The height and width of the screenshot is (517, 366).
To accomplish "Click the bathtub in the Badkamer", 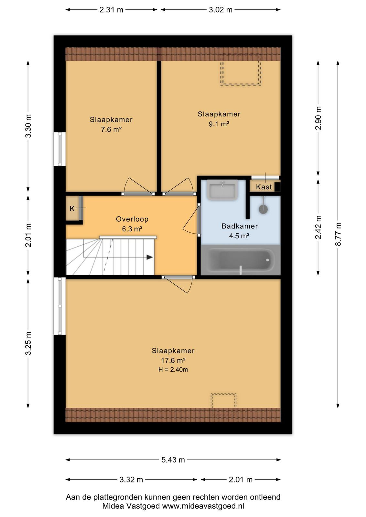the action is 241,260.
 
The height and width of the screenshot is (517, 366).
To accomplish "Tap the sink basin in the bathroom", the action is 222,190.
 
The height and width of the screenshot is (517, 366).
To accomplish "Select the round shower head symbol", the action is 263,209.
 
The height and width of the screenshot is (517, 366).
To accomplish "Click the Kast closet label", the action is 264,187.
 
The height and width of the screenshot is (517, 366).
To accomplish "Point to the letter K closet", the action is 72,209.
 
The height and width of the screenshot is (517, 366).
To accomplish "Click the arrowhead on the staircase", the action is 150,257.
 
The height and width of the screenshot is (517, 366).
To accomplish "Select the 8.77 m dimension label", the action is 338,234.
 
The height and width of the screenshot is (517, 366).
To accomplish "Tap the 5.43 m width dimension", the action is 173,460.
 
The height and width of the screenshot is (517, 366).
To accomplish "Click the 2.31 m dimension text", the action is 111,10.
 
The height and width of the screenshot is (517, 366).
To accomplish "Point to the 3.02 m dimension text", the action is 221,10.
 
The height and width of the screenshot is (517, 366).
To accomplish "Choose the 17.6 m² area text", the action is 173,360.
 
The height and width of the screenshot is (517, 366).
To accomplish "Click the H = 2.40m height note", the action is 173,370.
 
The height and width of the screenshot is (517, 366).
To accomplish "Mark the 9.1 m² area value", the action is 219,124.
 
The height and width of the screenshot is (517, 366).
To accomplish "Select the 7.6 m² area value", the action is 111,130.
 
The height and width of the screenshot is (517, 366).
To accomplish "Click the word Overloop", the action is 132,219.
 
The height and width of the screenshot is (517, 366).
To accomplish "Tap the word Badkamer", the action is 240,226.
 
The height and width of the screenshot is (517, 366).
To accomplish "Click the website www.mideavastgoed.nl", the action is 203,506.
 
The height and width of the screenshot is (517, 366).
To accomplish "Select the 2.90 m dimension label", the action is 318,118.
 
